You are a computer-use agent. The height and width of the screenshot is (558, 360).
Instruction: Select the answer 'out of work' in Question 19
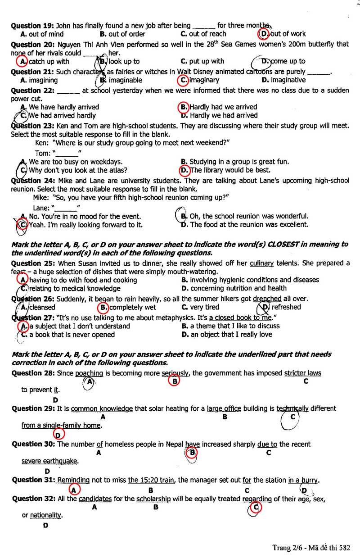click(x=288, y=34)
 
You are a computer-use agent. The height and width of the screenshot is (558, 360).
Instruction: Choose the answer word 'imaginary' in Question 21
click(x=204, y=80)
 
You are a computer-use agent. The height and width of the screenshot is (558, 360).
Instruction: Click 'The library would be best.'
click(x=230, y=170)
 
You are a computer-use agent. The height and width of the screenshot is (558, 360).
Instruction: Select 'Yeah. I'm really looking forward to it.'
click(x=85, y=224)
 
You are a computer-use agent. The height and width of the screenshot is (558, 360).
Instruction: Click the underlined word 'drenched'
click(x=267, y=299)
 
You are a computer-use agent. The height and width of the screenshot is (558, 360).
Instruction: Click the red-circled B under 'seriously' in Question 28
click(x=173, y=381)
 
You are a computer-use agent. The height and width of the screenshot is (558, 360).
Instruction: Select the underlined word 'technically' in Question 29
click(x=292, y=408)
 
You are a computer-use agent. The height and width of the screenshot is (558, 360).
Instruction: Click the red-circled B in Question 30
click(x=192, y=452)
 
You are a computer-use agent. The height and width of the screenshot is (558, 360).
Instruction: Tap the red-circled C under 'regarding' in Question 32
click(x=256, y=508)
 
